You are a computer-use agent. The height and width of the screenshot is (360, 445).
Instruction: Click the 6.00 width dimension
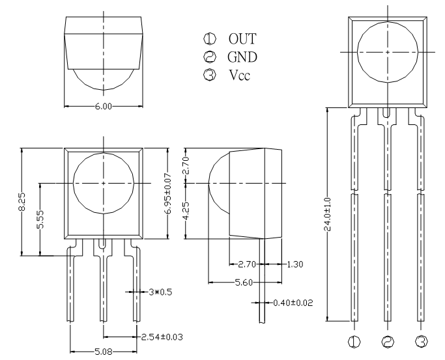[104, 106]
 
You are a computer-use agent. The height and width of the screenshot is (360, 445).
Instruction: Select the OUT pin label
[242, 39]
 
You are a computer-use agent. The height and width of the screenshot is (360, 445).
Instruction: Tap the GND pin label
[242, 57]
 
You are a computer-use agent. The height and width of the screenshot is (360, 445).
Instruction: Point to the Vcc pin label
[240, 75]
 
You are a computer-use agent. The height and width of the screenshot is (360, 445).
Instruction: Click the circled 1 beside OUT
[210, 38]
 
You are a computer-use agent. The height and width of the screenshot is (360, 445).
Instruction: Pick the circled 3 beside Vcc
[210, 75]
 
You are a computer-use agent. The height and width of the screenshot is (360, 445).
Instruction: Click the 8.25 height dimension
[23, 202]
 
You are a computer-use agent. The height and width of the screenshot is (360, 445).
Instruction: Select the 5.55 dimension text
[40, 219]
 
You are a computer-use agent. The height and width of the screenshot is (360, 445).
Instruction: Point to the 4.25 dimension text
[186, 211]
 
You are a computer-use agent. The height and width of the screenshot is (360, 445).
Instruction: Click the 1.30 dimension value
[295, 264]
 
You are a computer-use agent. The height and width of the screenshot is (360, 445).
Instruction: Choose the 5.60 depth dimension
[244, 283]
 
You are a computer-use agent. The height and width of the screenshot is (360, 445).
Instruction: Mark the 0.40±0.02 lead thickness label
[293, 303]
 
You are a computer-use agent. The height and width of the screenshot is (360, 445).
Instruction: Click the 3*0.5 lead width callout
[160, 292]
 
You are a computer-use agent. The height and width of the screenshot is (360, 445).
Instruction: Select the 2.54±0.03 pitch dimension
[162, 337]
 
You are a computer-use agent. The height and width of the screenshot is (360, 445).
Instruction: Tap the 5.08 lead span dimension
[104, 352]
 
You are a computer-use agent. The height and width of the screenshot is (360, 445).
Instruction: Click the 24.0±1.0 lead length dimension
[328, 214]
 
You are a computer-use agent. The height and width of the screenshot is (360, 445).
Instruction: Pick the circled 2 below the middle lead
[388, 342]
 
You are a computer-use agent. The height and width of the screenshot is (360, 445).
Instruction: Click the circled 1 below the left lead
[354, 342]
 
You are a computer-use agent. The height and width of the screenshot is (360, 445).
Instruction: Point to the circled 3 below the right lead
[422, 342]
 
